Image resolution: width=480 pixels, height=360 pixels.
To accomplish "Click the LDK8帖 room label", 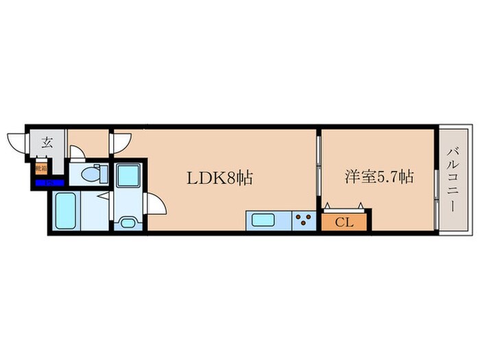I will [x=221, y=178].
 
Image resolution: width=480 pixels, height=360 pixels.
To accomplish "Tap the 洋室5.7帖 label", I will [x=378, y=177].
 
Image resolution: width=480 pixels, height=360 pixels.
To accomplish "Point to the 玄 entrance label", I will [x=47, y=143].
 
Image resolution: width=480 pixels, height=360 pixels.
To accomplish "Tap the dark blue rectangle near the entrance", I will [x=49, y=182].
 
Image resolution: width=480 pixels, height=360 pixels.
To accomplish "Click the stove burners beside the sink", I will [x=303, y=221].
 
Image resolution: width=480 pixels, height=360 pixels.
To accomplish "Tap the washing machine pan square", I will [x=128, y=175].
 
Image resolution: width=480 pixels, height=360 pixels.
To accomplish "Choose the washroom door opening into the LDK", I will [x=156, y=204].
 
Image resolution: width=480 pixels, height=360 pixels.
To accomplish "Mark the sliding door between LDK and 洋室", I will [x=318, y=168].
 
